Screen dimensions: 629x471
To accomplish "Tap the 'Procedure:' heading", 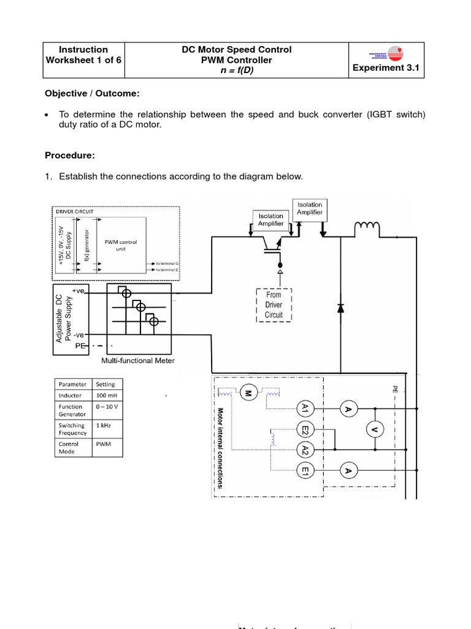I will pyautogui.click(x=70, y=155).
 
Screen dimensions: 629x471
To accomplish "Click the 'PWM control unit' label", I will pyautogui.click(x=121, y=245).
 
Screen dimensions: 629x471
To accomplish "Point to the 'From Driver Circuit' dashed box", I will pyautogui.click(x=274, y=305).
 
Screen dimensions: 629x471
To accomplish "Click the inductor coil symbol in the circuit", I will pyautogui.click(x=367, y=229).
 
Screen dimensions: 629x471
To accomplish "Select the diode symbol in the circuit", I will pyautogui.click(x=341, y=309).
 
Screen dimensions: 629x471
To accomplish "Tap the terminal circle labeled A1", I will pyautogui.click(x=305, y=408).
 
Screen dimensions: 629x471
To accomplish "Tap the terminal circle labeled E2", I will pyautogui.click(x=305, y=429).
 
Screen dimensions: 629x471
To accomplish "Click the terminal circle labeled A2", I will pyautogui.click(x=305, y=450).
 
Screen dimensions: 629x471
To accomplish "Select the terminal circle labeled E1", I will pyautogui.click(x=305, y=471).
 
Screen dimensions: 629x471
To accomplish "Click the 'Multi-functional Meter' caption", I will pyautogui.click(x=137, y=361).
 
